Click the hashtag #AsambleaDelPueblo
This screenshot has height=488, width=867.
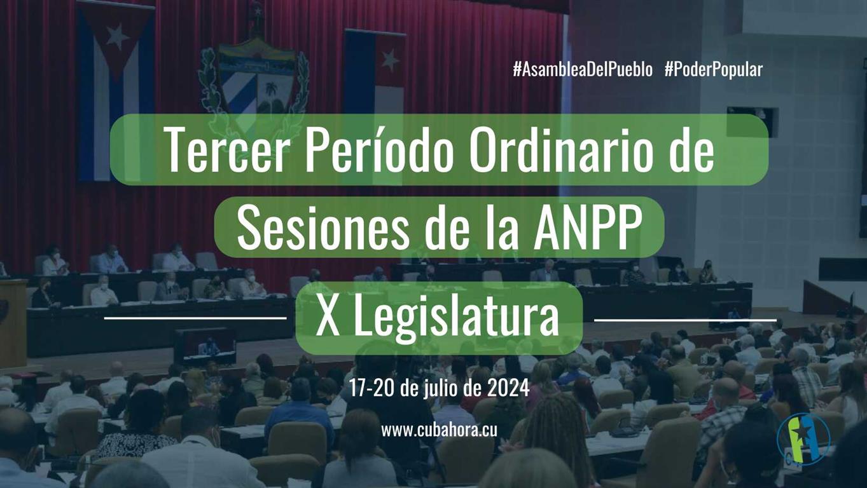pos(582,70)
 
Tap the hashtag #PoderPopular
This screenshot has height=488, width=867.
pos(713,70)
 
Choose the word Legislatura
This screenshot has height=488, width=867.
pos(457,319)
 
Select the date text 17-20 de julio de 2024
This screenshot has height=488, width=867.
pos(439,388)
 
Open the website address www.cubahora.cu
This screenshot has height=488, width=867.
pos(439,430)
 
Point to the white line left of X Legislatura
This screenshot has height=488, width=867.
pos(195,317)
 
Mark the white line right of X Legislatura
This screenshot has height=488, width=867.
pos(685,320)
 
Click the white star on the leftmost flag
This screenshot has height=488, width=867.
pos(116,37)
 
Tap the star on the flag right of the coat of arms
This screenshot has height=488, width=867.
pos(389,60)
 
